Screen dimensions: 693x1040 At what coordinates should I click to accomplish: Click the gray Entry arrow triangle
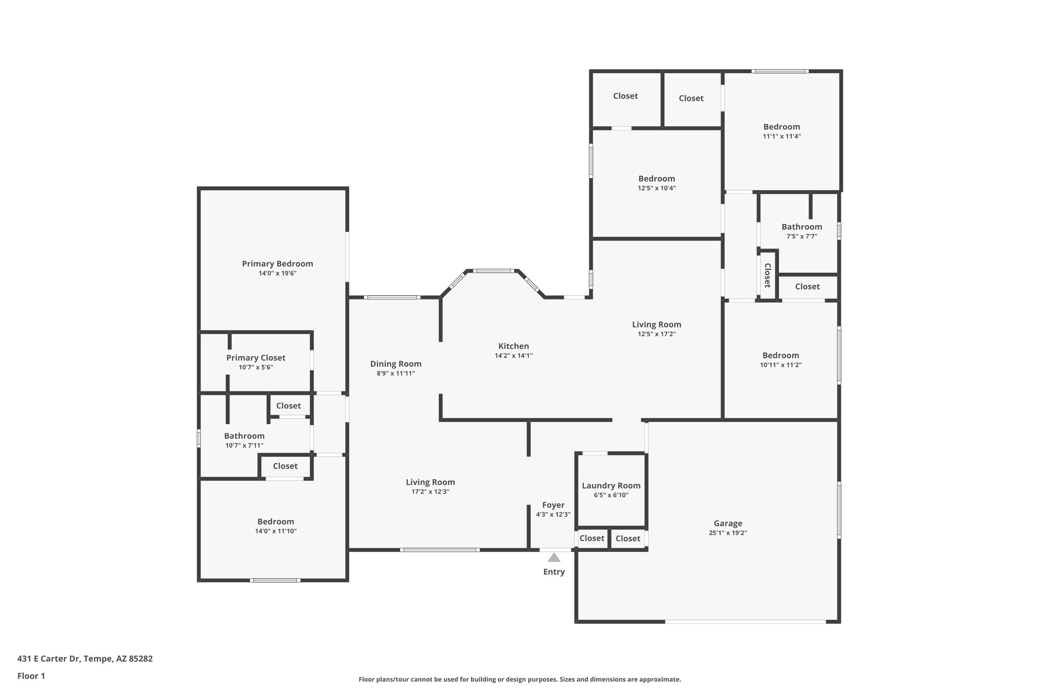(x=554, y=557)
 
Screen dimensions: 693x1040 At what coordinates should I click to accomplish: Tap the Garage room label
(x=728, y=523)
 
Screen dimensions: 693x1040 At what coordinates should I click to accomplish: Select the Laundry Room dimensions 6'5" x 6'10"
(x=611, y=495)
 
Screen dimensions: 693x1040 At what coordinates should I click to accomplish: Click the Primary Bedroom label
(x=277, y=263)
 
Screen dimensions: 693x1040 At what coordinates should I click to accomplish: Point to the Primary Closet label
(x=255, y=358)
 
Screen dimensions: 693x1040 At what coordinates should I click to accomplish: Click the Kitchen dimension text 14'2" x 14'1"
(x=513, y=356)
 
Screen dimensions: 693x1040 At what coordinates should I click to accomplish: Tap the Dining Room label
(x=396, y=364)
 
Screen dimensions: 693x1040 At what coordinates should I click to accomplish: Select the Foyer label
(x=553, y=505)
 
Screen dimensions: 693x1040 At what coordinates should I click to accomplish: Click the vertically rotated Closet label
(x=767, y=275)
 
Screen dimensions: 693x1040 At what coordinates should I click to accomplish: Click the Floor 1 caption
(x=31, y=676)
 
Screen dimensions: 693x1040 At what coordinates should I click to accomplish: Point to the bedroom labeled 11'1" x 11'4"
(x=782, y=127)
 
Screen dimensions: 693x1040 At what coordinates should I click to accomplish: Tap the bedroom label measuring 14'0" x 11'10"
(x=276, y=521)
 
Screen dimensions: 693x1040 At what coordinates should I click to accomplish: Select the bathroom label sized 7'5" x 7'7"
(x=801, y=227)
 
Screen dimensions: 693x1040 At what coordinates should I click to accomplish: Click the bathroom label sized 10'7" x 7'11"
(x=244, y=436)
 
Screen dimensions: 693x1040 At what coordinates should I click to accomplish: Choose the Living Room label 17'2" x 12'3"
(x=430, y=482)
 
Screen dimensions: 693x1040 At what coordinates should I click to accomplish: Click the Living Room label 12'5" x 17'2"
(x=657, y=324)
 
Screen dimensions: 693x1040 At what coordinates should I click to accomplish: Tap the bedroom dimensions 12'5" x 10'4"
(x=657, y=188)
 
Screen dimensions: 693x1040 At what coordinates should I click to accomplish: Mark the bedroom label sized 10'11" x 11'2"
(x=781, y=355)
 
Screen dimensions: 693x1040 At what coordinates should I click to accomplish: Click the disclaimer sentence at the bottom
(x=519, y=679)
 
